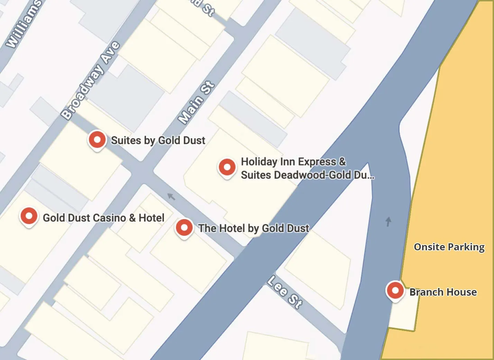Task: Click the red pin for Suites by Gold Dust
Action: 97,140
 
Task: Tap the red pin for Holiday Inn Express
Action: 227,167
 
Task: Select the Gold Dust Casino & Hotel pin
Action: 29,216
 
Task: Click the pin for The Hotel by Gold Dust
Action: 184,228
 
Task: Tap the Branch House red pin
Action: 395,290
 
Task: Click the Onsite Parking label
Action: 449,247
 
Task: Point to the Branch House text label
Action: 443,292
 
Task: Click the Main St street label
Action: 196,102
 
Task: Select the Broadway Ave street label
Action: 90,80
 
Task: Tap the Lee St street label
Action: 285,292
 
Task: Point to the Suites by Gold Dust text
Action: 158,140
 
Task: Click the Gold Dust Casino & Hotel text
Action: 103,218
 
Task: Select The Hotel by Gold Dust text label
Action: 254,228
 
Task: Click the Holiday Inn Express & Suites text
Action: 307,168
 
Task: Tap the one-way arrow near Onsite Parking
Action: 388,222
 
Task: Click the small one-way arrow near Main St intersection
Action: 171,197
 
